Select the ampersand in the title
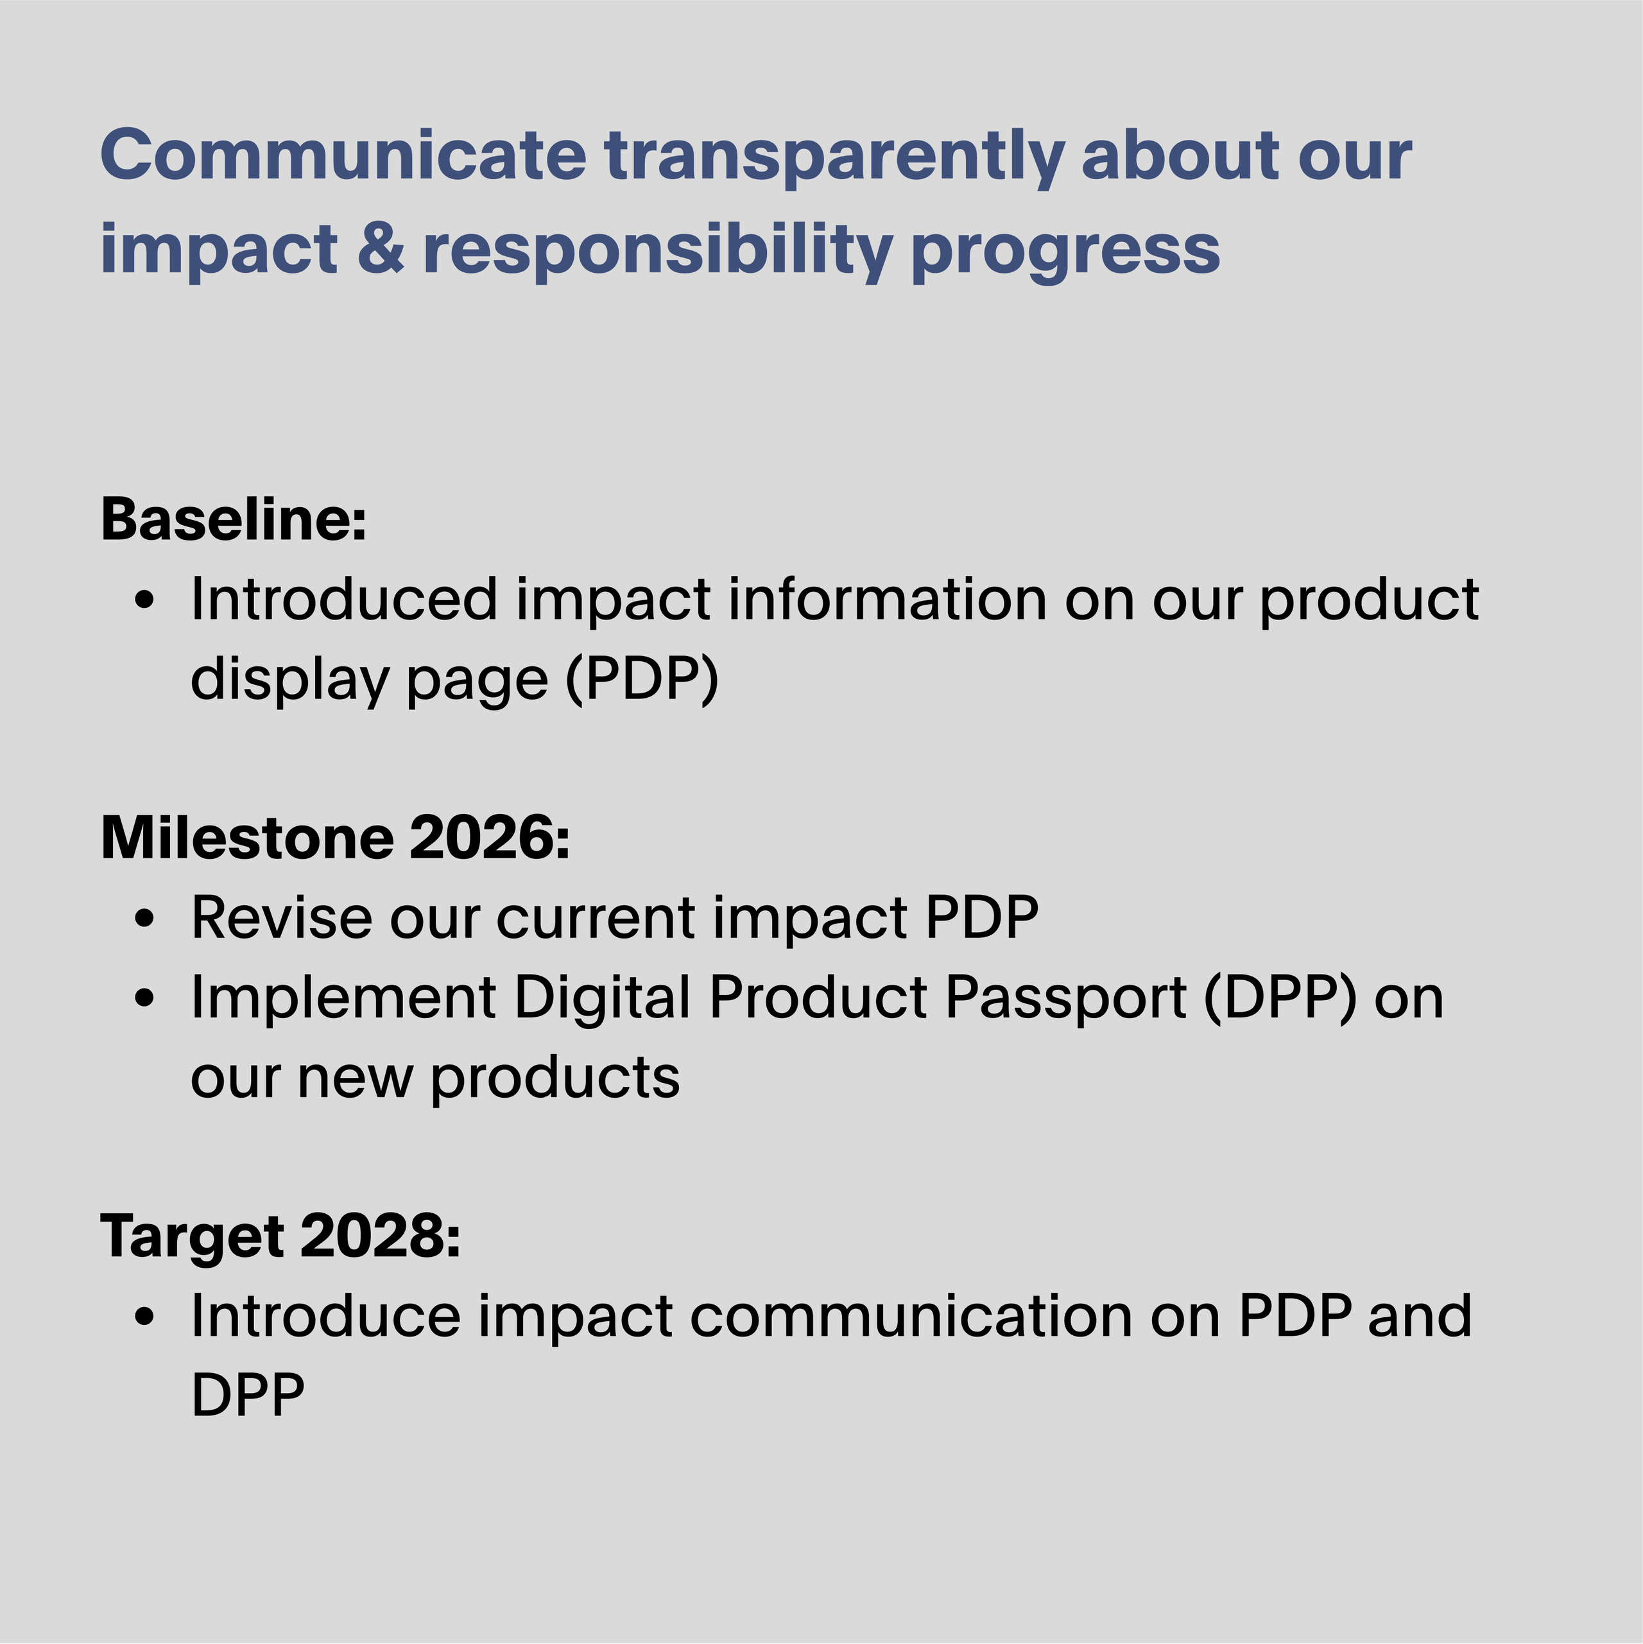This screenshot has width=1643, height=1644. coord(381,248)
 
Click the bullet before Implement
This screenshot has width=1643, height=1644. coord(146,998)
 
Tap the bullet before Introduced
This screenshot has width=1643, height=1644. coord(146,600)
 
